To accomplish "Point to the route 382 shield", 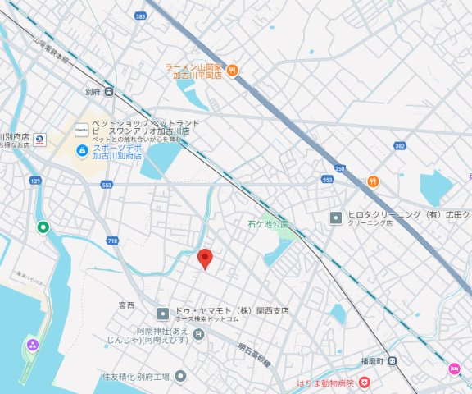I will pyautogui.click(x=399, y=146).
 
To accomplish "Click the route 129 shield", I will pyautogui.click(x=34, y=180).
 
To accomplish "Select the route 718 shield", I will pyautogui.click(x=112, y=241).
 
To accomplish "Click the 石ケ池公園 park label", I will pyautogui.click(x=269, y=223).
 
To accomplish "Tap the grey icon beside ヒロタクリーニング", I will pyautogui.click(x=335, y=218).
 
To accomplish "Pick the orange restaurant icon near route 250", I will pyautogui.click(x=373, y=181).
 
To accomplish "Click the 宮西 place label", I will pyautogui.click(x=126, y=305).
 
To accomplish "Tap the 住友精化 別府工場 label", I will pyautogui.click(x=135, y=377).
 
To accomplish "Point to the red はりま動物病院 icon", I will pyautogui.click(x=364, y=382).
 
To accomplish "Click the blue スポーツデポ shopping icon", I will pyautogui.click(x=81, y=150).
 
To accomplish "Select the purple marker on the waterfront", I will pyautogui.click(x=32, y=344).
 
